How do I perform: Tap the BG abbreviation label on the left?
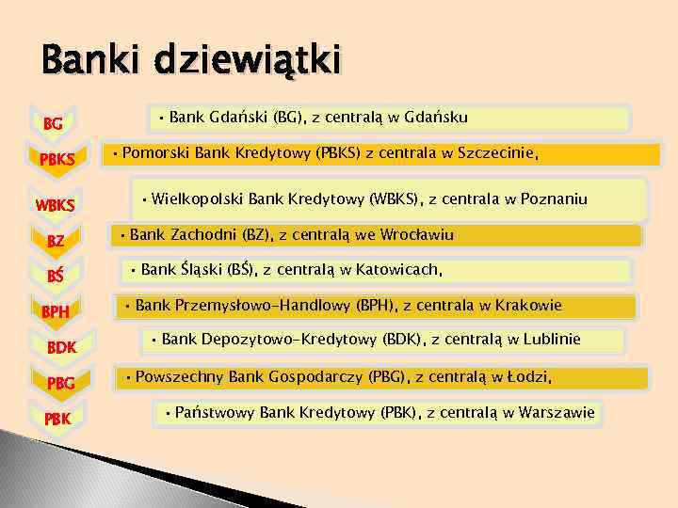point(54,123)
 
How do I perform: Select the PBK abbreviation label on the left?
point(56,417)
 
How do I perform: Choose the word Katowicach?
point(399,270)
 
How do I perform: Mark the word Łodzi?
point(527,377)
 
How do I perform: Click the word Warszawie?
point(556,412)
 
